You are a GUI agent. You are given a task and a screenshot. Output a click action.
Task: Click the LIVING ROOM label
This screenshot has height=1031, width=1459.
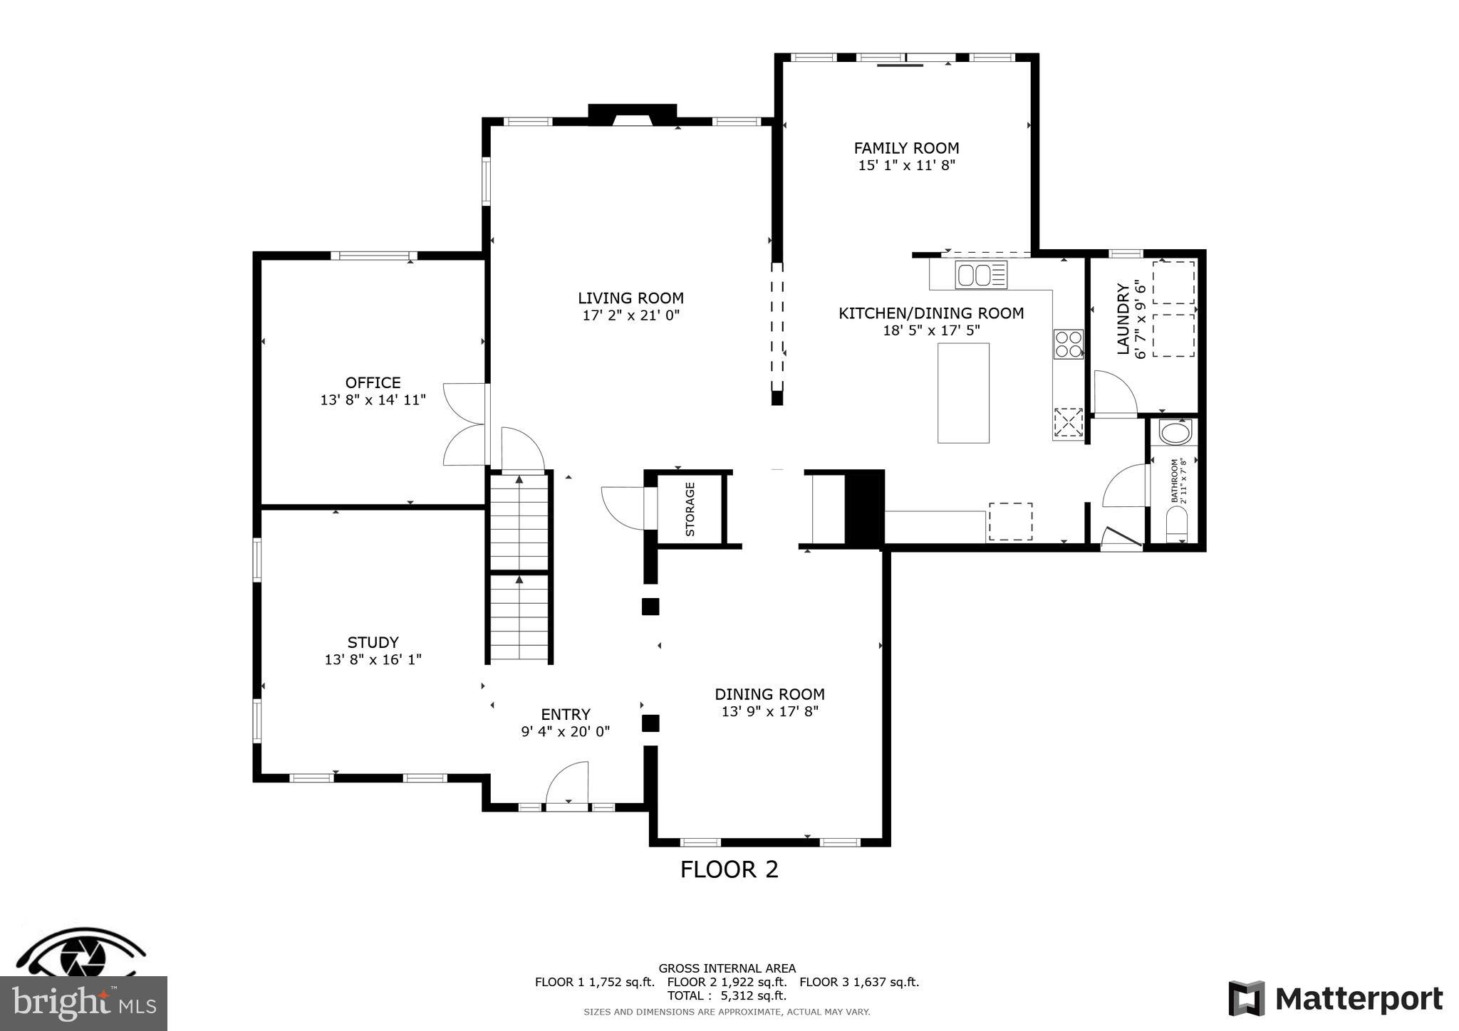[x=630, y=298]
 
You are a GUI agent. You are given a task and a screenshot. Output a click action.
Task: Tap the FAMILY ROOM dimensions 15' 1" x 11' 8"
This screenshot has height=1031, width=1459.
[x=906, y=165]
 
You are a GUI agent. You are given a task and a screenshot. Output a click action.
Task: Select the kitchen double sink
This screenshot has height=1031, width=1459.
[x=981, y=275]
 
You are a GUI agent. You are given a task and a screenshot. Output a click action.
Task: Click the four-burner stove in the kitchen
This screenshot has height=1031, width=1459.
[x=1068, y=344]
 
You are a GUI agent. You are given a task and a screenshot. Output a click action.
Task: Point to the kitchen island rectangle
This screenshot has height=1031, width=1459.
[x=963, y=393]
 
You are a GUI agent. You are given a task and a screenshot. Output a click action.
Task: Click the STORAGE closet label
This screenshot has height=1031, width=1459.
[x=690, y=509]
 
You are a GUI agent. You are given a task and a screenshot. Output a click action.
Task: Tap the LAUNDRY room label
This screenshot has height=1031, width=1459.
[x=1123, y=318]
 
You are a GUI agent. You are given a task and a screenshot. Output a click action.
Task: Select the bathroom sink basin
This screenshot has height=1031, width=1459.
[x=1175, y=431]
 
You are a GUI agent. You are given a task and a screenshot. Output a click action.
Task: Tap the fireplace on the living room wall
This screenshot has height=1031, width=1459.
[x=632, y=115]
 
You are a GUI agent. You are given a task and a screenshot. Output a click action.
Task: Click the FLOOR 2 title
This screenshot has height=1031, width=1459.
[x=729, y=869]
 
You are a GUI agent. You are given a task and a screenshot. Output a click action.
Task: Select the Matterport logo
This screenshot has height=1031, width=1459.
[x=1335, y=999]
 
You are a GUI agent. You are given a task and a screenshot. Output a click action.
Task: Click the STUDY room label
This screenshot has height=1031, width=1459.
[x=373, y=642]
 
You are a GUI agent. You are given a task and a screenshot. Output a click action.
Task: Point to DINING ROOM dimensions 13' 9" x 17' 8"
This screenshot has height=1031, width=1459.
[x=769, y=711]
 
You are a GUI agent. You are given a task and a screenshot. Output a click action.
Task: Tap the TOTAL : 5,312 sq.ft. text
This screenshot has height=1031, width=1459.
[x=727, y=995]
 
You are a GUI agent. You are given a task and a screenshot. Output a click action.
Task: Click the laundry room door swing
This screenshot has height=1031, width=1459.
[x=1113, y=393]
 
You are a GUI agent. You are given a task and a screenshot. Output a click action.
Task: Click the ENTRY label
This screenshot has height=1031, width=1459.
[x=565, y=714]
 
